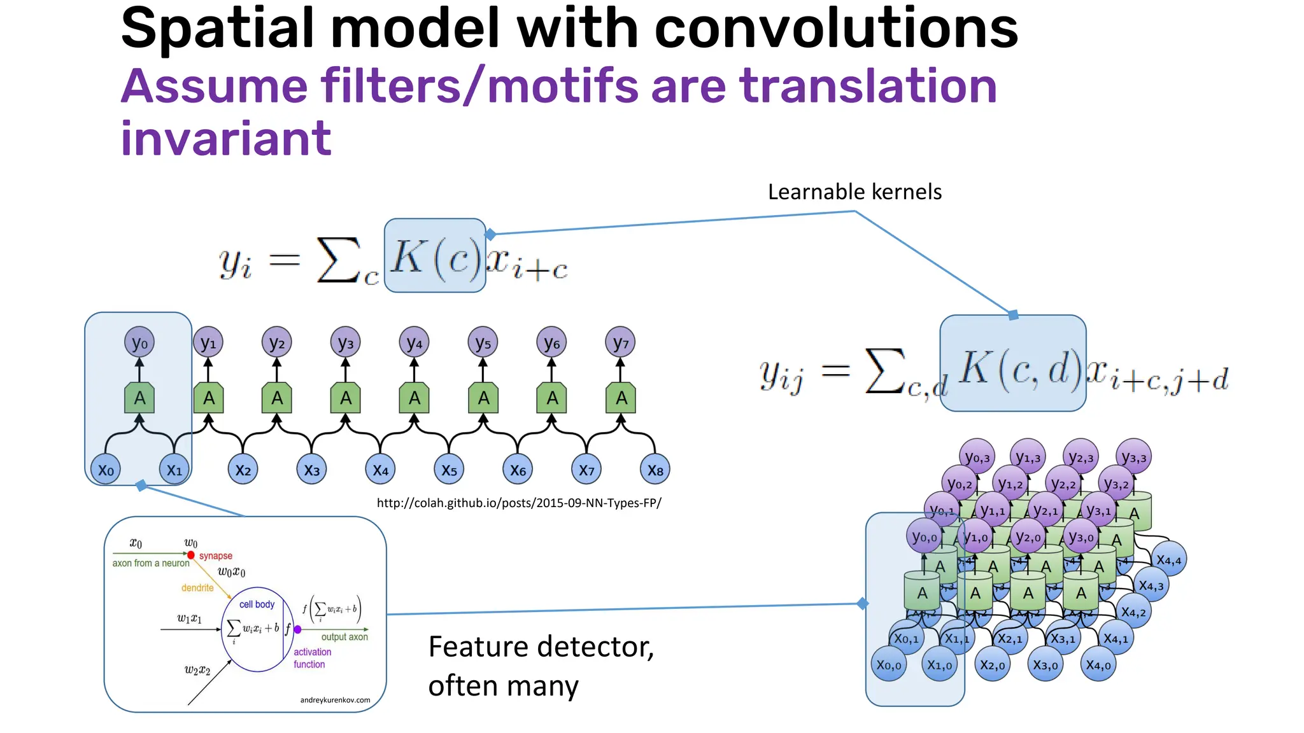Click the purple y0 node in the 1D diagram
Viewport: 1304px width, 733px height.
(139, 343)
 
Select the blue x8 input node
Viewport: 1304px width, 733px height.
(655, 470)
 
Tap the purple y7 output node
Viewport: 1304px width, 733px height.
(620, 343)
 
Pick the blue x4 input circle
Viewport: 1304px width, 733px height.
(380, 470)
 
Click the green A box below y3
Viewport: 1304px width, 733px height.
(346, 398)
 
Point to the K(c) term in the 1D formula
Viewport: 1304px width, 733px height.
(435, 256)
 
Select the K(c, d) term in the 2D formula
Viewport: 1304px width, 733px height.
(1019, 369)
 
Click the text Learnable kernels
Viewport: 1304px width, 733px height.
(854, 192)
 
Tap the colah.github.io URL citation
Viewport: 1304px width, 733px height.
(519, 503)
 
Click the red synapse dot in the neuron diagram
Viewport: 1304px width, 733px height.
(191, 555)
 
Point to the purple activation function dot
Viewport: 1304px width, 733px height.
(297, 629)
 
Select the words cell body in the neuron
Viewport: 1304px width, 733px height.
(257, 604)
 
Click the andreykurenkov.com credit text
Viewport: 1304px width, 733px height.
(335, 700)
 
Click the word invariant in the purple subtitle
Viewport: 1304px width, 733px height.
(226, 138)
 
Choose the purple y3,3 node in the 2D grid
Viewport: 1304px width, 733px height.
(1133, 457)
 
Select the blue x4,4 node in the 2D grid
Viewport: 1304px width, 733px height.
(1168, 560)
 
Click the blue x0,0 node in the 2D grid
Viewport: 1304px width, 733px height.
(888, 665)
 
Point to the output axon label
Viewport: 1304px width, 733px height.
(344, 637)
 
